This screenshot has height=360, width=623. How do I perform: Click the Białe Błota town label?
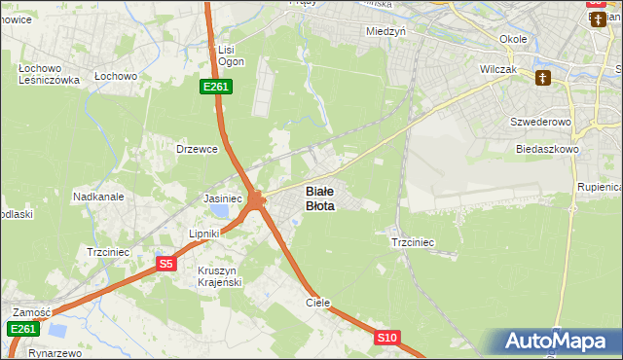click(320, 198)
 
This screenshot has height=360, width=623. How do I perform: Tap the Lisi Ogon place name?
click(230, 55)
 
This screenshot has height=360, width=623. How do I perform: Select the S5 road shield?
click(166, 263)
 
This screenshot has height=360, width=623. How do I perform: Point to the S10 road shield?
click(386, 338)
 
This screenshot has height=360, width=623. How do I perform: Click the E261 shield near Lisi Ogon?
click(215, 88)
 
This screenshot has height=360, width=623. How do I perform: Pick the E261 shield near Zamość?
click(24, 330)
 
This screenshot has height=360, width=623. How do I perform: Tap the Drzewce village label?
click(196, 149)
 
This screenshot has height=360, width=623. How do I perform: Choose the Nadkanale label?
click(97, 196)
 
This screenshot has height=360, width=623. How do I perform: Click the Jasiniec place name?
click(222, 198)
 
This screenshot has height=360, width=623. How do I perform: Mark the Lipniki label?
click(206, 234)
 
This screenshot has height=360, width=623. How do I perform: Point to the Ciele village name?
click(318, 303)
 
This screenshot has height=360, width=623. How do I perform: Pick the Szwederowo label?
click(537, 123)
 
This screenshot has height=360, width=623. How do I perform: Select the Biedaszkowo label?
click(547, 150)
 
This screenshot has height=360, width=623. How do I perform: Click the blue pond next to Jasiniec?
click(221, 210)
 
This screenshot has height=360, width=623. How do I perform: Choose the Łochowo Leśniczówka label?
click(49, 75)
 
